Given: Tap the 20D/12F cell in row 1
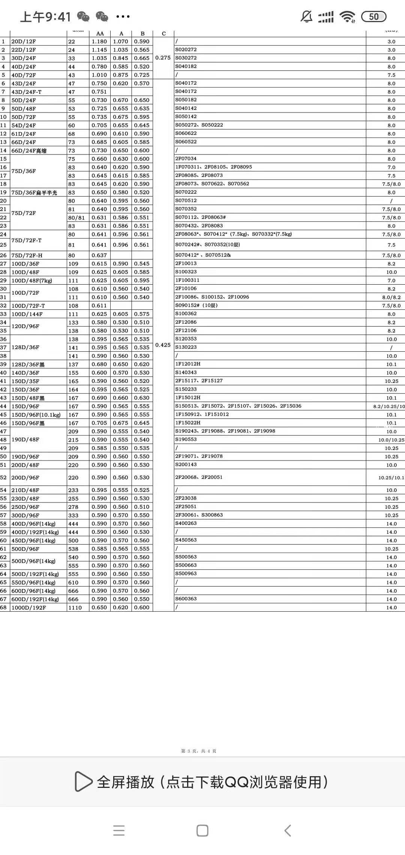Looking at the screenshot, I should (24, 42).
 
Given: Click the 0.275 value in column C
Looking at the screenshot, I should (163, 58).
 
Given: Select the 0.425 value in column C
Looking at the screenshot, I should (163, 345).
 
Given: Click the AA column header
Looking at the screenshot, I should (100, 33).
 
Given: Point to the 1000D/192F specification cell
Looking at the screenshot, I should (28, 607).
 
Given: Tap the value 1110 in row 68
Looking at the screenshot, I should (75, 607).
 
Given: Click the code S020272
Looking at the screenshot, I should (186, 49).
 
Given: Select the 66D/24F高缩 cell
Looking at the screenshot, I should (29, 151).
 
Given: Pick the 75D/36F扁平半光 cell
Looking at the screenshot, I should (34, 193).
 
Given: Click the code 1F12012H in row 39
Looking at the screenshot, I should (188, 364).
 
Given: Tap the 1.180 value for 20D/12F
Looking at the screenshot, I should (99, 42).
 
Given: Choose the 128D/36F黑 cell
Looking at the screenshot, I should (28, 364).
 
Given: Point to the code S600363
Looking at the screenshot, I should (186, 598).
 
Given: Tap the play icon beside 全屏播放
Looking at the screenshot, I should (83, 781).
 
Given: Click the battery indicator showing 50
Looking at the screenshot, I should (373, 16).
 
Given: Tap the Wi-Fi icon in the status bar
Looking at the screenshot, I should (347, 16).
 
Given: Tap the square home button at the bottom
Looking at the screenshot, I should (202, 830).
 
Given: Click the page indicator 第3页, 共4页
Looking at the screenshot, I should (199, 751).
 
